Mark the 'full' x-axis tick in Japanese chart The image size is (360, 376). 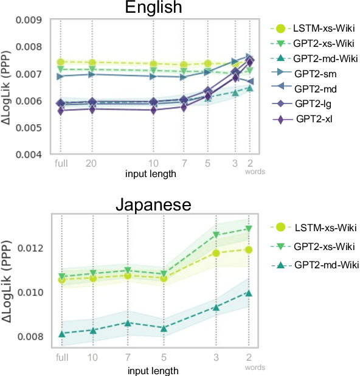click(61, 357)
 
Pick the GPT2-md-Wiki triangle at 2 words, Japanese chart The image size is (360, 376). click(248, 293)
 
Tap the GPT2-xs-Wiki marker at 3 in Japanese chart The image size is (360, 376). click(215, 234)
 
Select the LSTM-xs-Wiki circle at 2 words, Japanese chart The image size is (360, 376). click(248, 249)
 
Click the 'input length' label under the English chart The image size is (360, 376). click(152, 174)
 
